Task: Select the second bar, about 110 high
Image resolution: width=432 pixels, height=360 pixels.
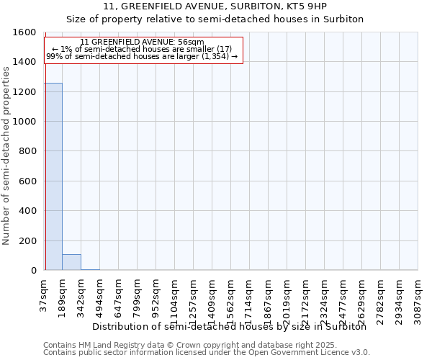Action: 71,262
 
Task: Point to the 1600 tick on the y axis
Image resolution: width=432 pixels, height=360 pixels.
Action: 24,32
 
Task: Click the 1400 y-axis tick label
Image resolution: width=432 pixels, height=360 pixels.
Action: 24,63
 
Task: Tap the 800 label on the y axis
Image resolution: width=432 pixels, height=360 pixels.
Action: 27,152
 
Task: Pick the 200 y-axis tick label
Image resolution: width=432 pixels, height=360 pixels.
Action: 27,241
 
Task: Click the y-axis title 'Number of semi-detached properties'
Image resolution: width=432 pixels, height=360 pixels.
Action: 6,152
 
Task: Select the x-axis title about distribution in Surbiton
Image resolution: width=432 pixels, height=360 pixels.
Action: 230,326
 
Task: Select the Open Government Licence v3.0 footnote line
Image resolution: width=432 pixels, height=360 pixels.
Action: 207,353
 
